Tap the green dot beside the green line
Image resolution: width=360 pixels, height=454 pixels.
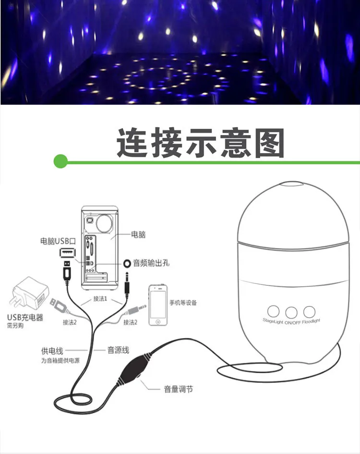pyautogui.click(x=60, y=161)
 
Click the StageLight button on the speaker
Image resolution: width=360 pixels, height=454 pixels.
pyautogui.click(x=274, y=310)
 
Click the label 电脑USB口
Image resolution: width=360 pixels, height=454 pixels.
pyautogui.click(x=59, y=241)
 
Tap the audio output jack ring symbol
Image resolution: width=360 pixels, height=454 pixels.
pyautogui.click(x=127, y=263)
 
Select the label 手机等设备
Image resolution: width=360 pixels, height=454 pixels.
pyautogui.click(x=183, y=303)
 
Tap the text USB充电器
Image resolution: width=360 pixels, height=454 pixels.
pyautogui.click(x=25, y=317)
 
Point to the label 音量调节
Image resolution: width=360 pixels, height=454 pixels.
pyautogui.click(x=179, y=389)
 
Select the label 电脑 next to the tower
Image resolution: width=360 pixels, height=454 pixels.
pyautogui.click(x=138, y=235)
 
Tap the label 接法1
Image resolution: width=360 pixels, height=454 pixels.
pyautogui.click(x=100, y=298)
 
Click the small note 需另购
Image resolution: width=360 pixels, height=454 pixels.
pyautogui.click(x=16, y=326)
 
